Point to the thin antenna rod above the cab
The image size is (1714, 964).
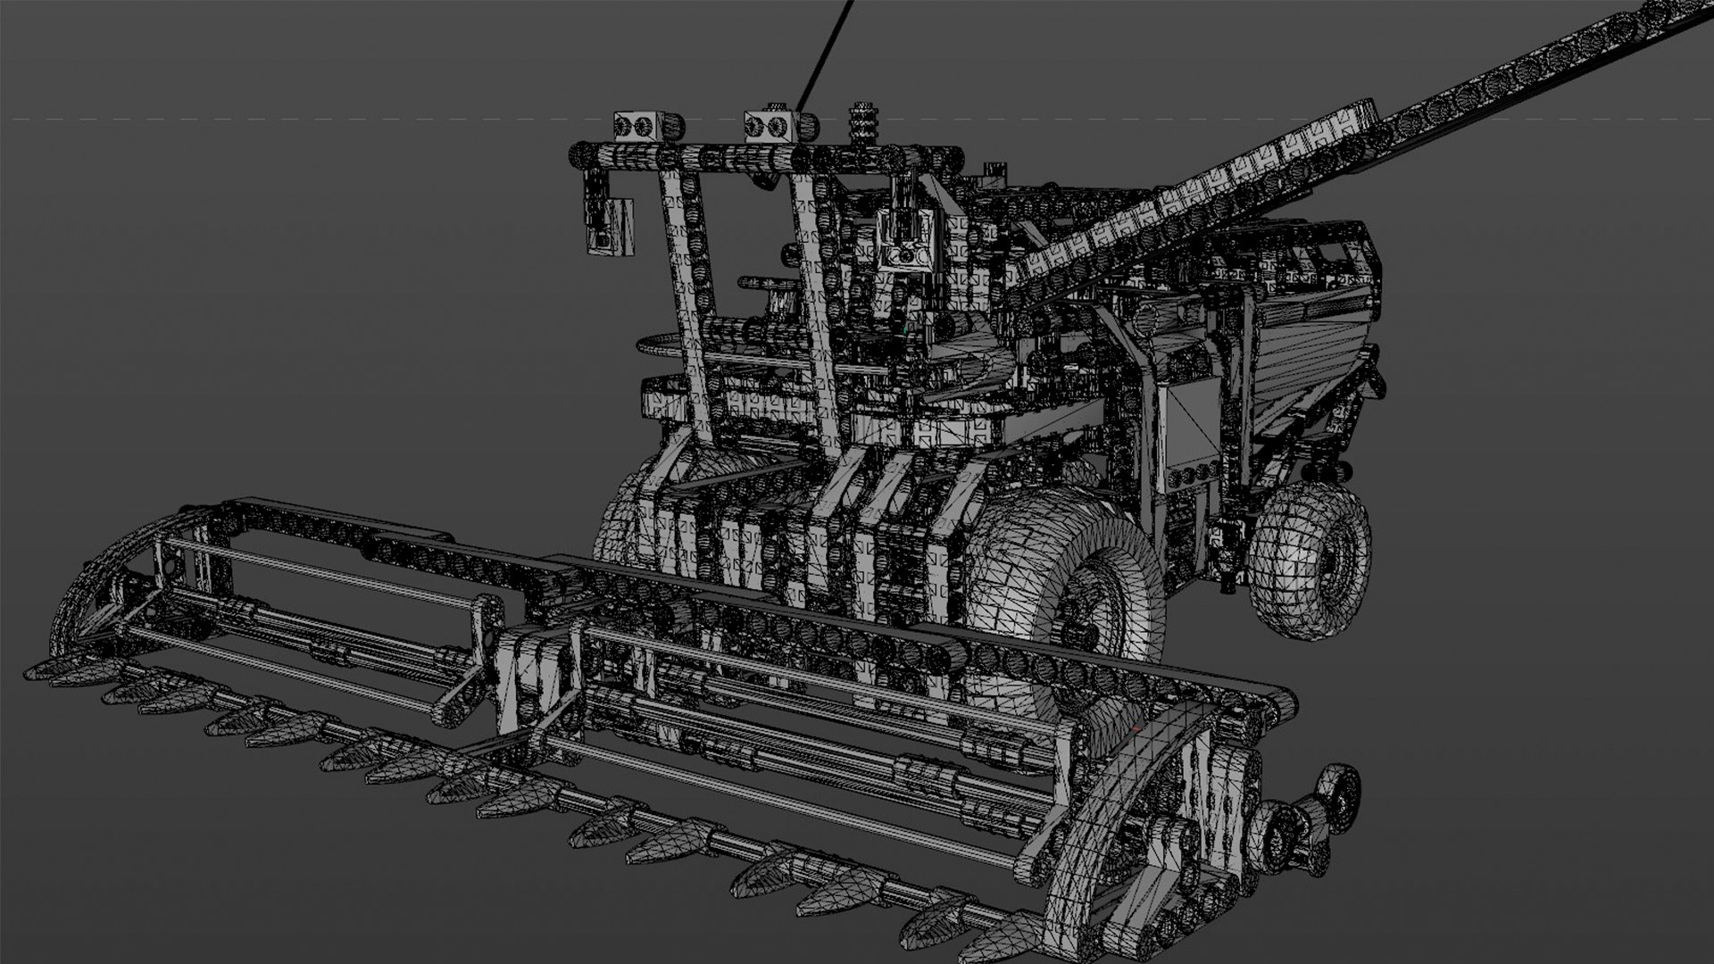(x=826, y=54)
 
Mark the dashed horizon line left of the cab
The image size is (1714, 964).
(x=268, y=119)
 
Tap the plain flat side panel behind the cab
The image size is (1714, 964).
(x=1192, y=428)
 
